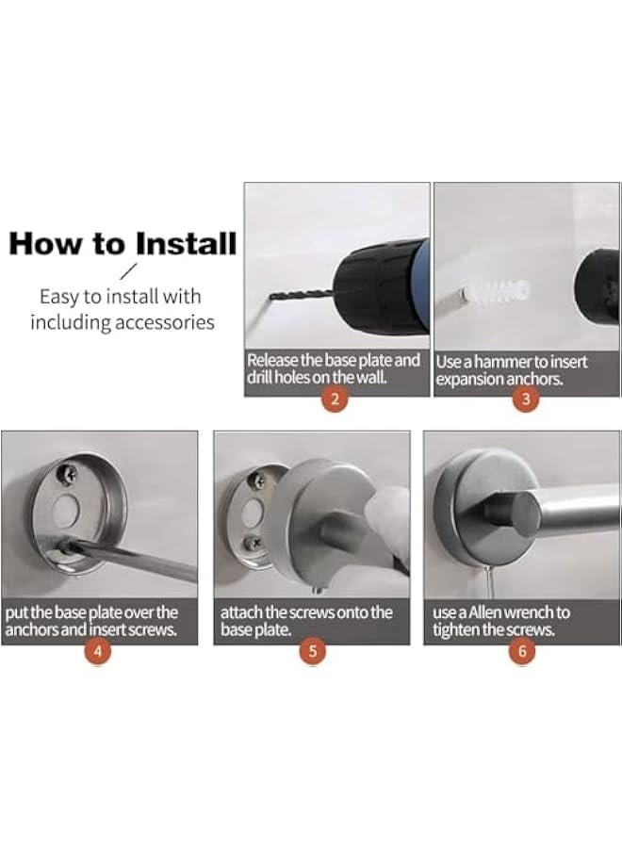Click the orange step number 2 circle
tap(335, 400)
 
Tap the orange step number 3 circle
tap(525, 400)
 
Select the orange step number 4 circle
tap(97, 650)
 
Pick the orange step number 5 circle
tap(312, 650)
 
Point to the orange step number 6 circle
tap(522, 650)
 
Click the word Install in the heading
tap(186, 243)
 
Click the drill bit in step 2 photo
tap(301, 295)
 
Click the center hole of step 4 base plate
tap(67, 510)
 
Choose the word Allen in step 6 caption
tap(484, 612)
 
